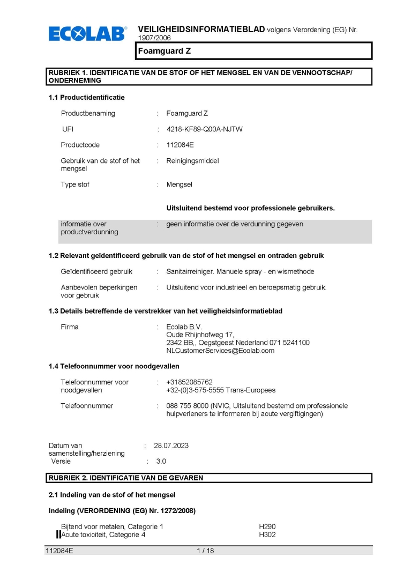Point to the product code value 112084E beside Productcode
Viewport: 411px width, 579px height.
coord(180,145)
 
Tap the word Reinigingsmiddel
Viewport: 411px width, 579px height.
coord(192,161)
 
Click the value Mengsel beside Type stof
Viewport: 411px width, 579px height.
coord(179,184)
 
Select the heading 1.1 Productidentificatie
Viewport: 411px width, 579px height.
coord(86,97)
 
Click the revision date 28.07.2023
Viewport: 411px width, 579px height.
coord(171,446)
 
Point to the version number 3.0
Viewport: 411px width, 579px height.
coord(161,461)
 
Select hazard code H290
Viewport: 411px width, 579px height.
coord(267,526)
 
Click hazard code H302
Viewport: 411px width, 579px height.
coord(267,535)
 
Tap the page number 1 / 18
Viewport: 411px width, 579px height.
coord(205,551)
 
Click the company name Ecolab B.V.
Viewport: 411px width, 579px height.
coord(184,327)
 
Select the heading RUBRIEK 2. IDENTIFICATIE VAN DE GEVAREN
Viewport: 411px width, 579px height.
coord(126,478)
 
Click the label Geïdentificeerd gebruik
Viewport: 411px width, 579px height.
coord(96,272)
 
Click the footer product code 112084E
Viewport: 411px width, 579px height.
coord(59,551)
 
